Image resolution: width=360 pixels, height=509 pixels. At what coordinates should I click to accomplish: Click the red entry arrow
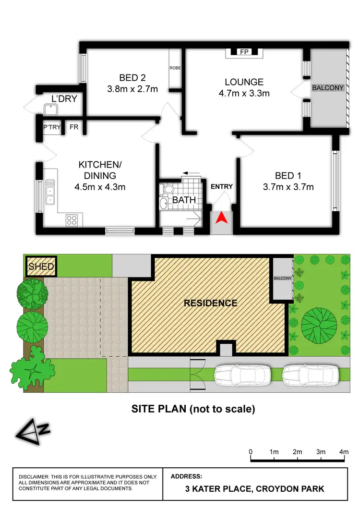coord(221,219)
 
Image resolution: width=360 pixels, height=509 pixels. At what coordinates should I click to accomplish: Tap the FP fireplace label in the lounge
coord(244,52)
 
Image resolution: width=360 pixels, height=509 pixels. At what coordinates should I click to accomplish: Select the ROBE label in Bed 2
coord(175,68)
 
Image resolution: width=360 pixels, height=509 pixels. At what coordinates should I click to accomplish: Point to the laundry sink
coord(50,110)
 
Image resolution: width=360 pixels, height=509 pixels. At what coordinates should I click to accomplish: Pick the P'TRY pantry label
coord(51,127)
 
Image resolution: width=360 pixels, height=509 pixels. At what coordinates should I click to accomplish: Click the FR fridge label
coord(74,127)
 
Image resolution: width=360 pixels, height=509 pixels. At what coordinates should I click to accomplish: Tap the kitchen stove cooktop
coord(72,220)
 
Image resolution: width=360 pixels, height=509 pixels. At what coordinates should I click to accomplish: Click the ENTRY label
coord(222,186)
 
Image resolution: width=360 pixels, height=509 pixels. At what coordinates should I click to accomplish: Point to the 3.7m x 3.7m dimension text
coord(294,187)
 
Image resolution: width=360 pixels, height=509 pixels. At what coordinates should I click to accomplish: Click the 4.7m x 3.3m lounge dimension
coord(244,93)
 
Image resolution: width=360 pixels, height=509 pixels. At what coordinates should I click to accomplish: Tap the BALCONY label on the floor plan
coord(328,88)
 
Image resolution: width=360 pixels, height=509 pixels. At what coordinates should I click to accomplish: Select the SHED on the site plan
coord(41,266)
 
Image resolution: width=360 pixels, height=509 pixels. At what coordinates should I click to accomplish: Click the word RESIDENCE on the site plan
coord(211,303)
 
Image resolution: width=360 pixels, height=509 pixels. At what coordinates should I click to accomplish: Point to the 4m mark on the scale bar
coord(344,452)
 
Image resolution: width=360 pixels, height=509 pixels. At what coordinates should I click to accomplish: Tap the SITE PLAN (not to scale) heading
coord(193,409)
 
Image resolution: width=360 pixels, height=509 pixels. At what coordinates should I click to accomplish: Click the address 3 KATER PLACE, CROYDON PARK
coord(254,489)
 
